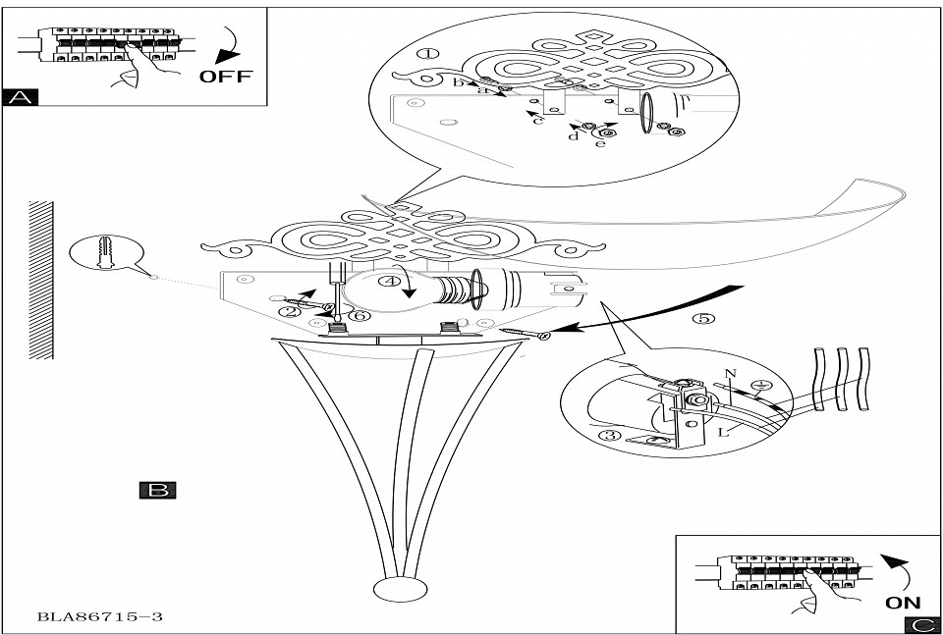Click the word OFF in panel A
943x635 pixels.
click(x=225, y=76)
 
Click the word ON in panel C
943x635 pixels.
click(x=903, y=603)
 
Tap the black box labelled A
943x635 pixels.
click(x=21, y=96)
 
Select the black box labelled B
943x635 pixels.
click(x=157, y=490)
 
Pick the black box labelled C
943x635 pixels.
click(x=923, y=625)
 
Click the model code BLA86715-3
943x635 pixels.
click(x=99, y=617)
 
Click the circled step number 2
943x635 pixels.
click(x=288, y=312)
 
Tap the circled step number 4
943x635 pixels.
click(x=391, y=282)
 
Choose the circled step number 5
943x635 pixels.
click(x=700, y=319)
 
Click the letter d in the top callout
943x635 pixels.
click(x=573, y=135)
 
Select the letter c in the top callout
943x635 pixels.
click(x=537, y=121)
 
